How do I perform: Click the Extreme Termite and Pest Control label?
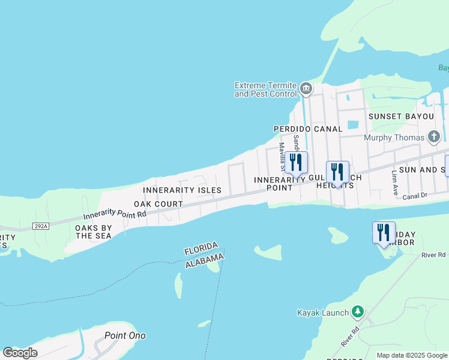coord(265,89)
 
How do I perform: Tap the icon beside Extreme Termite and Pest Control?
coord(306,89)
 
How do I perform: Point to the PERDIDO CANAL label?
coord(308,129)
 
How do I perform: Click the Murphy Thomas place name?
coord(394,137)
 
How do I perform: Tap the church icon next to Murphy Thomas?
coord(434,137)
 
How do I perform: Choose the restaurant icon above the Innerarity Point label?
coord(296,162)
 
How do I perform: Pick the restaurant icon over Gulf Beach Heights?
coord(337,172)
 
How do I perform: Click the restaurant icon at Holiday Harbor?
coord(384,232)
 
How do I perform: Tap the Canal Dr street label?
coord(414,196)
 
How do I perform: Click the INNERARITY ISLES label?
coord(182,190)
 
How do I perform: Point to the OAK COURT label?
coord(158,204)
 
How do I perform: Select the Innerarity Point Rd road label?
coord(115,214)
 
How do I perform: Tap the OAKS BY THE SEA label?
coord(94,232)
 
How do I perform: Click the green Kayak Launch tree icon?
coord(358,311)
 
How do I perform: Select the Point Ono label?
coord(125,335)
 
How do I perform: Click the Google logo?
coord(20,352)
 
